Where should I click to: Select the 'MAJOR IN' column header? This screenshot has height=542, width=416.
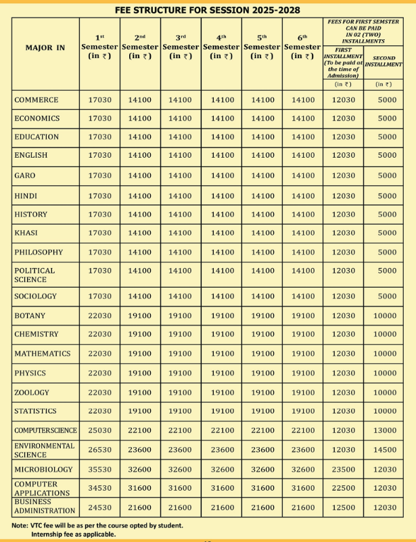(45, 48)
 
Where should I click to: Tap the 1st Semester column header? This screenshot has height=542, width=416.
(99, 47)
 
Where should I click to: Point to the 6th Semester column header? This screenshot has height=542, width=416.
(302, 47)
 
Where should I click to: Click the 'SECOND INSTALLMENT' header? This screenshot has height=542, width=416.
(384, 62)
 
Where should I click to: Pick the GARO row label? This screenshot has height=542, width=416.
(25, 175)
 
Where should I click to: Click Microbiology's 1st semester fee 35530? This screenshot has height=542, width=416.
(99, 470)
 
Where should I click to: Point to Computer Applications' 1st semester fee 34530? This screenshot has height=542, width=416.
(99, 488)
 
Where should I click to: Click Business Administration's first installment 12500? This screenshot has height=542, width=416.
(343, 507)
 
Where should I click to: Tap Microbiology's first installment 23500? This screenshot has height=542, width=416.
(343, 470)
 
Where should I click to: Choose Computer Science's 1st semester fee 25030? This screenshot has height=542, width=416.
(99, 430)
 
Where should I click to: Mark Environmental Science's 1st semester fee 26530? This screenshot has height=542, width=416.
(99, 450)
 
